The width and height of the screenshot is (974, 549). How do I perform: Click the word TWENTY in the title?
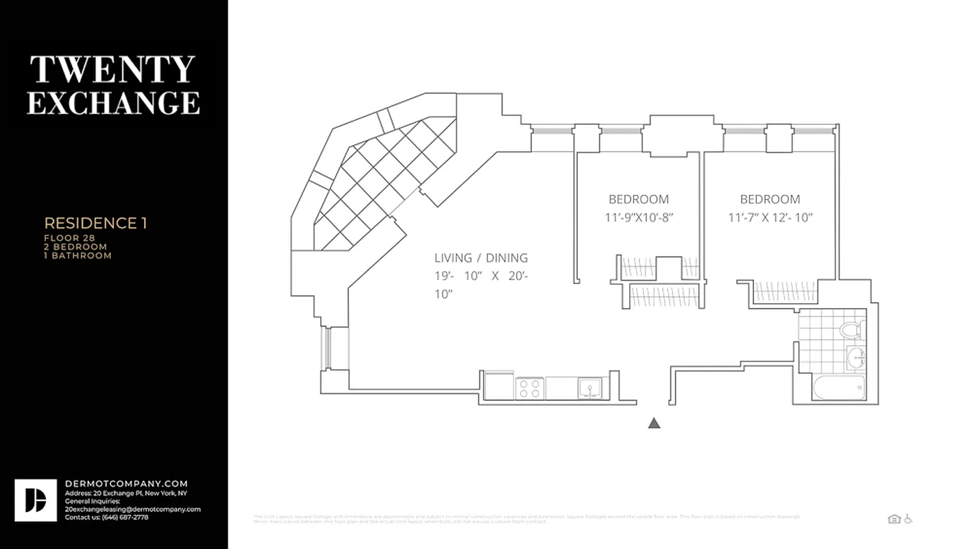coord(112,69)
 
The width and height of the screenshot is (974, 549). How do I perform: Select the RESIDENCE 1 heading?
coord(95,223)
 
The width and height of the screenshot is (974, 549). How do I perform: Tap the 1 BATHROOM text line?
coord(77,256)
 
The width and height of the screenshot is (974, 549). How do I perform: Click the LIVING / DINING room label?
coord(480,258)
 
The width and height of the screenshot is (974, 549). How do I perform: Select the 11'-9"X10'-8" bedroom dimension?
coord(638,218)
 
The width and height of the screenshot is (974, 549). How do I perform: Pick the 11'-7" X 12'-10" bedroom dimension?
coord(770,218)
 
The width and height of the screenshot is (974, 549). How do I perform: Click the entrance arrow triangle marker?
coord(654,423)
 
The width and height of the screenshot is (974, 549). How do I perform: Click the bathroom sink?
coord(856,358)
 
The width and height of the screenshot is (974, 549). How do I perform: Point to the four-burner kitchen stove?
coord(529,388)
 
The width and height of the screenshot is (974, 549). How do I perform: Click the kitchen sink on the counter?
coord(589,388)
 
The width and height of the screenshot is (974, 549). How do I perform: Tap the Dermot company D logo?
coord(36,500)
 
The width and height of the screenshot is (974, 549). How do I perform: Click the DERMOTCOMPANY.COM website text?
coord(126,484)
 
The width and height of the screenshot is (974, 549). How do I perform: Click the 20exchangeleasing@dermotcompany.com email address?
coord(132,509)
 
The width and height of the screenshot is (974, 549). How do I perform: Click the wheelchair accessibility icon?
coord(908,519)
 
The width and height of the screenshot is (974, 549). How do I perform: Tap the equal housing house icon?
coord(893,519)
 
